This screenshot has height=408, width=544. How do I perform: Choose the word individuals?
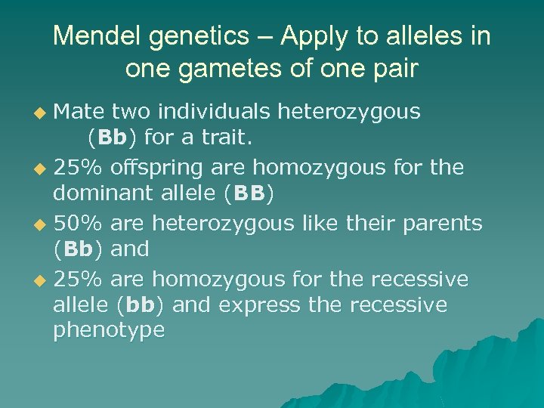[217, 112]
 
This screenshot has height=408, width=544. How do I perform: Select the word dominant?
[97, 193]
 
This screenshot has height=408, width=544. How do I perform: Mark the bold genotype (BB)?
[249, 193]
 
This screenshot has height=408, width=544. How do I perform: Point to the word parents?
[446, 224]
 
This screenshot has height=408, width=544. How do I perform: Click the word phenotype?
[109, 331]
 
